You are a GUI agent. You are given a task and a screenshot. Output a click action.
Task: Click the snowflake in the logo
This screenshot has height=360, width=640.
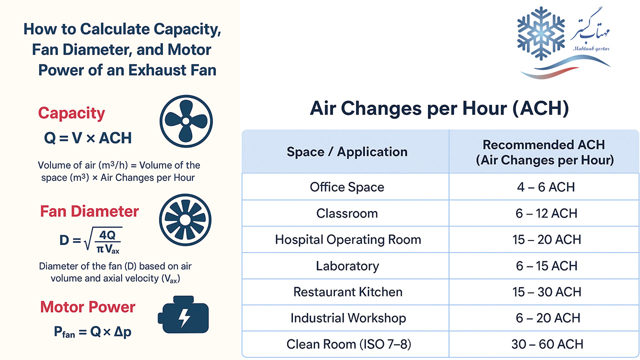[541, 33]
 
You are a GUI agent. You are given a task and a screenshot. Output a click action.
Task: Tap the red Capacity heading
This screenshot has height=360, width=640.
[71, 113]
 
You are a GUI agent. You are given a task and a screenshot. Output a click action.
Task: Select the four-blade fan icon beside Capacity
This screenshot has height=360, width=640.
[186, 121]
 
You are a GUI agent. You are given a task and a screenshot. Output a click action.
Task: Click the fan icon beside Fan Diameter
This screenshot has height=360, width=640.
[185, 219]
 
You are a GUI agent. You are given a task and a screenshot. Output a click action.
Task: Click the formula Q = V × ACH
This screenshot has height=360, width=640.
[87, 138]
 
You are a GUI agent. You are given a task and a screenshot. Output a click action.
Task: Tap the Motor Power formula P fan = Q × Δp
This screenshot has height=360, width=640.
[92, 332]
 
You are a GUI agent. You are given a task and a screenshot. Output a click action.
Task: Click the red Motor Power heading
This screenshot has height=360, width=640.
[87, 307]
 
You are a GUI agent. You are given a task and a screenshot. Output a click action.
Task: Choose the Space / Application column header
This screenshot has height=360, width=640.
[347, 151]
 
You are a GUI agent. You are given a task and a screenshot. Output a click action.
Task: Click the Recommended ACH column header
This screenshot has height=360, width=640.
[544, 152]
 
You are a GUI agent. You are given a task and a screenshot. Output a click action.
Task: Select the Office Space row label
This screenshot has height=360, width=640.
[347, 187]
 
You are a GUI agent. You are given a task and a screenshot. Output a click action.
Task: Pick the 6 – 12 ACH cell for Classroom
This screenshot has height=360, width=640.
[546, 213]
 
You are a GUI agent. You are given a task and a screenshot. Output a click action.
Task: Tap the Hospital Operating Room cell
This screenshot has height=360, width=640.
[348, 239]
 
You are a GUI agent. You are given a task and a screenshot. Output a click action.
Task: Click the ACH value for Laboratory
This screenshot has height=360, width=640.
[546, 266]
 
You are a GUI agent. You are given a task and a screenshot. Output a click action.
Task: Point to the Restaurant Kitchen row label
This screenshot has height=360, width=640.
[347, 292]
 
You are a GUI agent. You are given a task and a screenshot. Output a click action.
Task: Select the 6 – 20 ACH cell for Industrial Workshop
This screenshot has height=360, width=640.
[547, 318]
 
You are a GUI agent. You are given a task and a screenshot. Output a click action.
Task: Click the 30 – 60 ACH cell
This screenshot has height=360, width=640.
[547, 344]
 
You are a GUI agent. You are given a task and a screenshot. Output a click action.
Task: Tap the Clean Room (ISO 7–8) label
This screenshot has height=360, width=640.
[348, 344]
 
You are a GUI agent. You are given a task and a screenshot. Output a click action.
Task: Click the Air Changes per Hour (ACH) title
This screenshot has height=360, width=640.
[439, 108]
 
